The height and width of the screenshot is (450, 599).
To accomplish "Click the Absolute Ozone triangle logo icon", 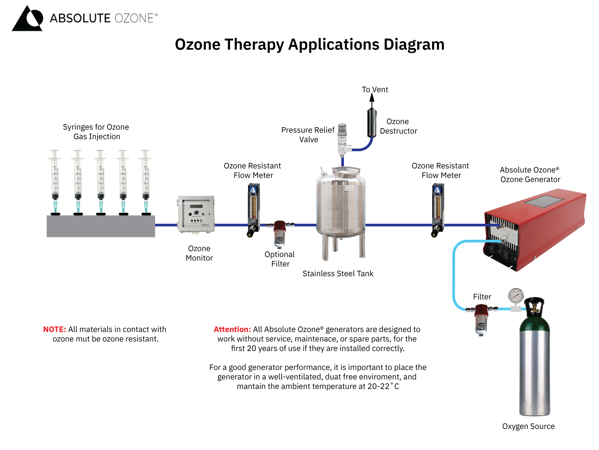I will [x=27, y=19].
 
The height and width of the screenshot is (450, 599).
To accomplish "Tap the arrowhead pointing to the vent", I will [x=372, y=98].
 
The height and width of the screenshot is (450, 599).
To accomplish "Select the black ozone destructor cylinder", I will [x=372, y=123].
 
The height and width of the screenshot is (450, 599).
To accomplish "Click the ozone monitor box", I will [x=196, y=214].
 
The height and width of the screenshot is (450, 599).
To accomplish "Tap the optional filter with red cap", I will [x=280, y=234].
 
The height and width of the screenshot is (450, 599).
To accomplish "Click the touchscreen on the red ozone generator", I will [x=543, y=202].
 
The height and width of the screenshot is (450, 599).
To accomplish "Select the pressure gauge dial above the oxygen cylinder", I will [x=516, y=296].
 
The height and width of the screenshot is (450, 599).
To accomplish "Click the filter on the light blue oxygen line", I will [x=482, y=319].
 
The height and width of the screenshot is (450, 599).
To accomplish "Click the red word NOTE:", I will [x=54, y=329].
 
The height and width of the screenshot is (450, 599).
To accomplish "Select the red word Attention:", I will [x=232, y=329].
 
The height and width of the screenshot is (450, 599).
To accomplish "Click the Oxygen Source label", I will [x=528, y=426].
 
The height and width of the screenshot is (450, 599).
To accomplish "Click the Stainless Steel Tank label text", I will [x=338, y=273].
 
